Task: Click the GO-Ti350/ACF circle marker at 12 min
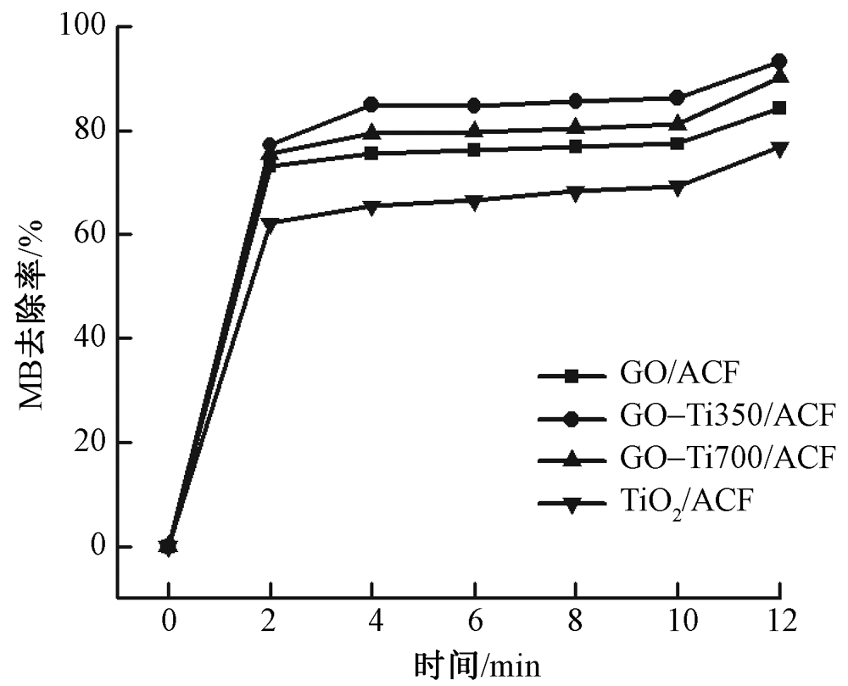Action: [x=778, y=61]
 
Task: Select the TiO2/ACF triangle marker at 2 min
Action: [x=271, y=223]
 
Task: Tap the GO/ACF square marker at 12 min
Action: [x=778, y=108]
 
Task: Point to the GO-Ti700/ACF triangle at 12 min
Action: [x=778, y=77]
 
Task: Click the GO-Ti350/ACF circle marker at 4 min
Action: [x=371, y=105]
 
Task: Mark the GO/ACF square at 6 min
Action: [x=473, y=150]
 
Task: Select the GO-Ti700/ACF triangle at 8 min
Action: [x=575, y=128]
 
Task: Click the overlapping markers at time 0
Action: [x=168, y=546]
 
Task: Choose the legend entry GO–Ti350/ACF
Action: [x=721, y=416]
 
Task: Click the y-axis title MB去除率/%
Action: [x=34, y=313]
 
